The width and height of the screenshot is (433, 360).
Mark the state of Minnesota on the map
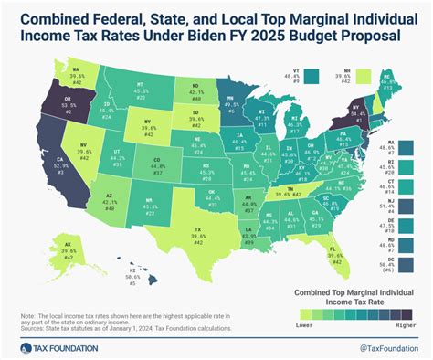[230, 107]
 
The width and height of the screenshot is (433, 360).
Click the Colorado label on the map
[157, 169]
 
